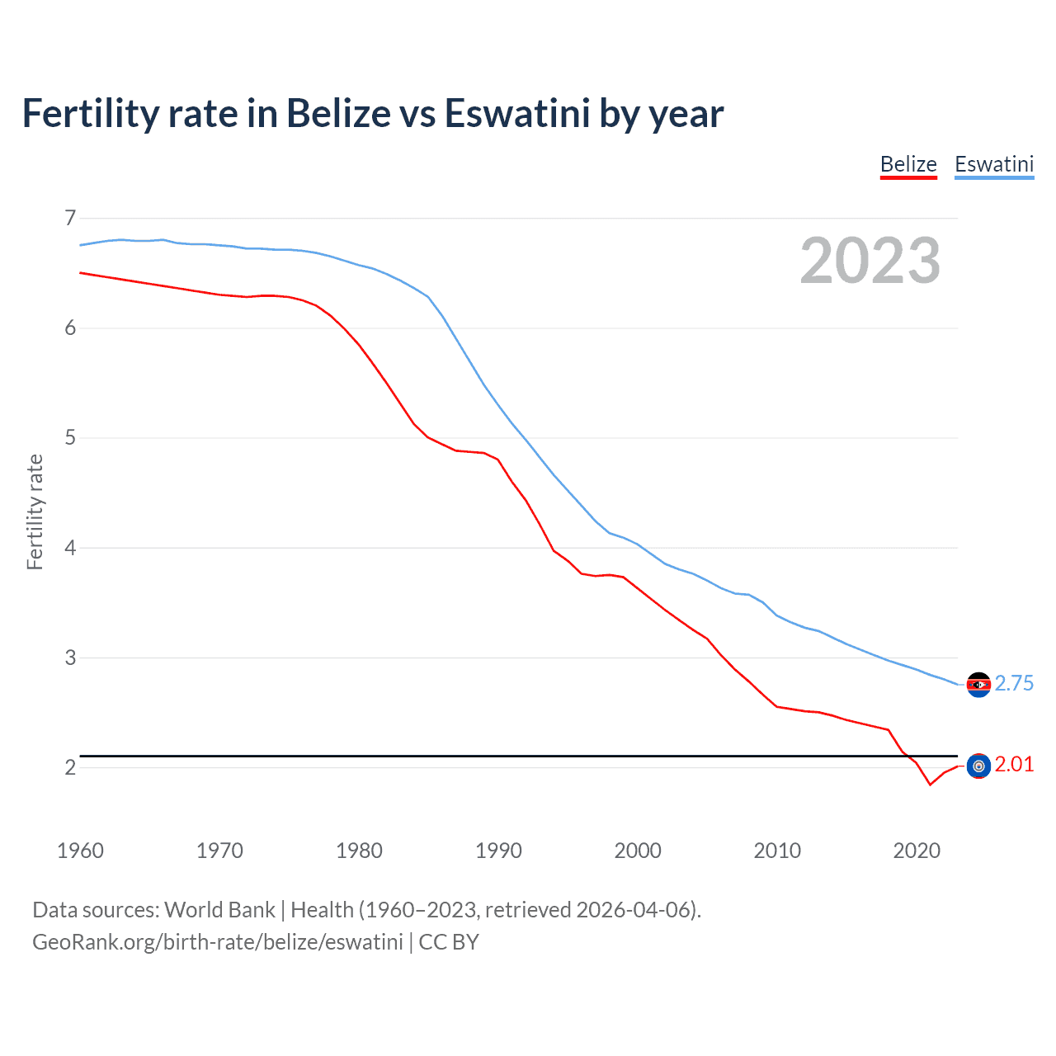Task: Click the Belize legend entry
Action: coord(908,164)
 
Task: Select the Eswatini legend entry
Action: coord(993,164)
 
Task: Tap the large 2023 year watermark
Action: coord(870,261)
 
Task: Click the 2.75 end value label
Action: coord(1014,683)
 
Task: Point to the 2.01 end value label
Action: coord(1014,764)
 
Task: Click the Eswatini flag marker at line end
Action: coord(978,684)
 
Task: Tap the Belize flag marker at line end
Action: coord(978,766)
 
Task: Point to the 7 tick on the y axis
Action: coord(69,218)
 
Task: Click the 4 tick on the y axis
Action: coord(69,548)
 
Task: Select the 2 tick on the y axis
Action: coord(69,767)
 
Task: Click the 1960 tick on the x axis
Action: coord(80,851)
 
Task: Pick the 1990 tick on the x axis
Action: coord(498,851)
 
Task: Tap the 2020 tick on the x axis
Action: coord(917,851)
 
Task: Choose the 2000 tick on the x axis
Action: coord(638,851)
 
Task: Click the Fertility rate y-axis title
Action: coord(35,511)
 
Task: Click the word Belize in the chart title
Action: coord(338,113)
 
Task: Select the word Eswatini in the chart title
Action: coord(517,113)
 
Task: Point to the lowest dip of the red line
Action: coord(930,784)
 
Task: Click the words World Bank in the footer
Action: coord(219,910)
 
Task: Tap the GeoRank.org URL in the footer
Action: coord(218,942)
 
